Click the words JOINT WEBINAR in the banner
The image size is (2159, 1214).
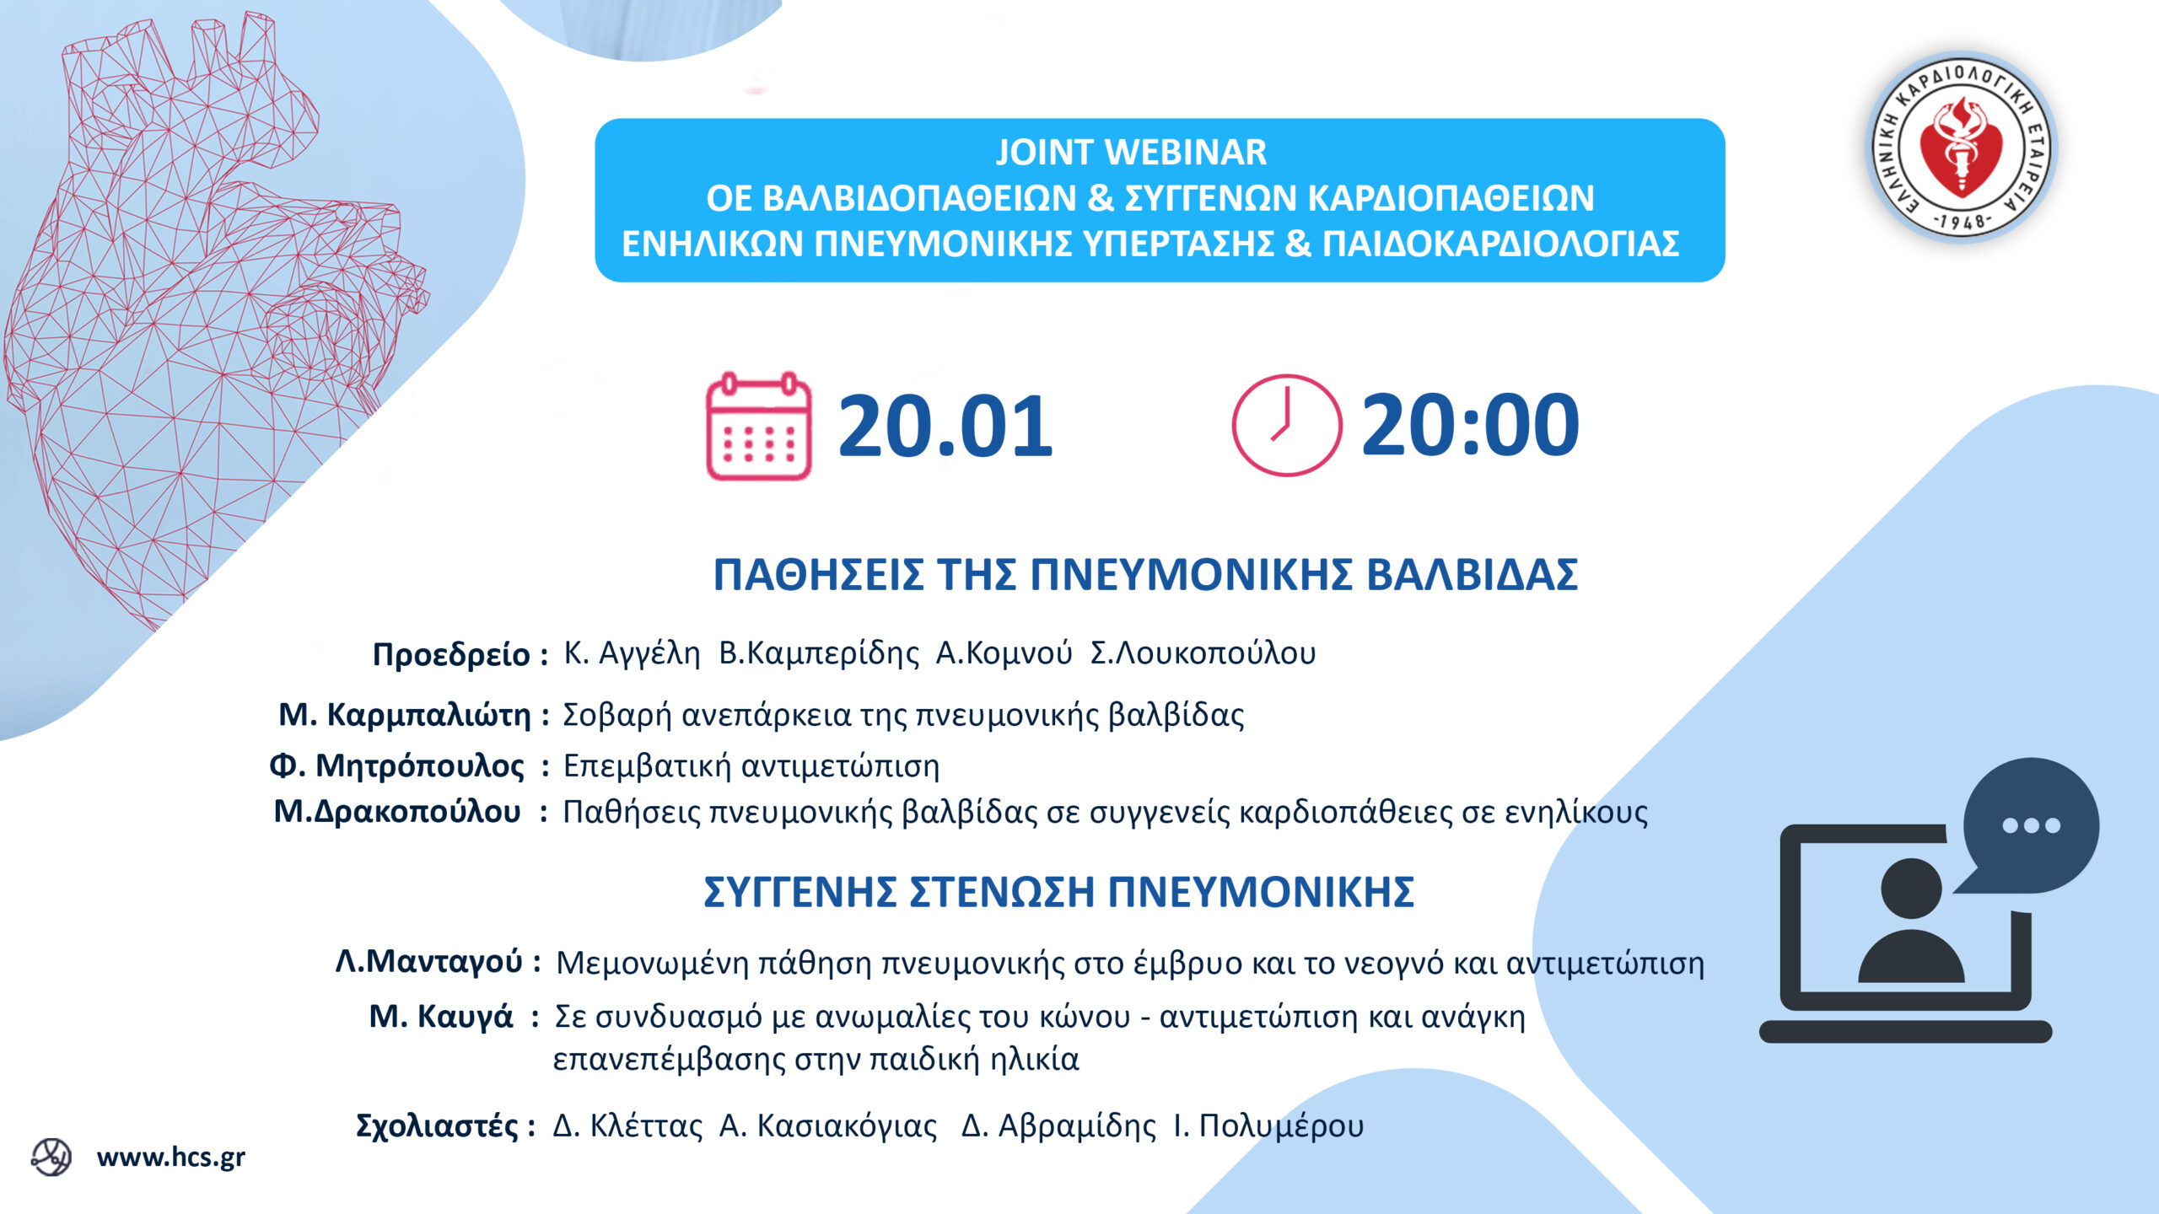click(x=1131, y=153)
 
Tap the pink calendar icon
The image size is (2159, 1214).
click(x=758, y=426)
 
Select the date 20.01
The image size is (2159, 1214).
click(x=945, y=426)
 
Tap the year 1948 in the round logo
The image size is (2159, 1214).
click(x=1962, y=222)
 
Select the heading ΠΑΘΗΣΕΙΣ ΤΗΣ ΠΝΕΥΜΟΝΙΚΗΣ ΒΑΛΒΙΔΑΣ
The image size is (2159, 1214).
click(x=1145, y=575)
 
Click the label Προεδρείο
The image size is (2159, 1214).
click(x=451, y=655)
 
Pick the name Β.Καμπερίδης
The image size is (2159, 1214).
click(x=818, y=653)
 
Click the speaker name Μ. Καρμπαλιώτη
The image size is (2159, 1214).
click(x=405, y=715)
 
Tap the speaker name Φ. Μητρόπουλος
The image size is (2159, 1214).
click(x=396, y=766)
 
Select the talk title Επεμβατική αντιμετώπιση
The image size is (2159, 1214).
click(x=751, y=766)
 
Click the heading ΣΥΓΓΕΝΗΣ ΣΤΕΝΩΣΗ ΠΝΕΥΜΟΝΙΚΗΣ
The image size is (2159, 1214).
click(x=1058, y=892)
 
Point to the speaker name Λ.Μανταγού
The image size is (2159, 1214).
click(x=429, y=961)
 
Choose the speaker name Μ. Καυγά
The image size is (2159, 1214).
click(x=441, y=1017)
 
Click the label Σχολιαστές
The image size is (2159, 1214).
click(x=437, y=1125)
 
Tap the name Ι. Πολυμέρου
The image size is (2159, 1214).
click(x=1268, y=1126)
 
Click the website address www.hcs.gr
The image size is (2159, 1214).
click(x=171, y=1158)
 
